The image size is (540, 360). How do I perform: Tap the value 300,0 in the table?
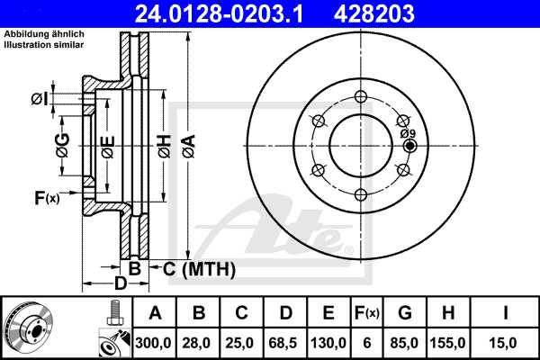(x=155, y=342)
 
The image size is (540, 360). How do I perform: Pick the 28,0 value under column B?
(x=199, y=342)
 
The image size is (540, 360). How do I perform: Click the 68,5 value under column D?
(x=285, y=342)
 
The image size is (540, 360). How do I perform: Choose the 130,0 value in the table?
(x=329, y=342)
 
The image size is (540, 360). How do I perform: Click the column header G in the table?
(x=405, y=314)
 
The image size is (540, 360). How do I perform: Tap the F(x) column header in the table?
(x=367, y=314)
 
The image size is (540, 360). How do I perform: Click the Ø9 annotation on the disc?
(x=409, y=133)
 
